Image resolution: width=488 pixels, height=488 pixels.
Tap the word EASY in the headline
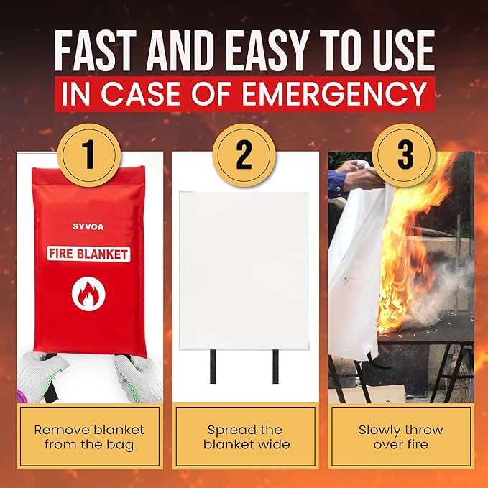click(267, 50)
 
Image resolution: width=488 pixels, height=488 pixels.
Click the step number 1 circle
click(89, 155)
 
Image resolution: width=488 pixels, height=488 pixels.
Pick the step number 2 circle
click(244, 155)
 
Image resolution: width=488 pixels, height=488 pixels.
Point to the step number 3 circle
click(404, 155)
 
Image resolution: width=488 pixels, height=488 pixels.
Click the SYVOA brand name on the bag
click(88, 226)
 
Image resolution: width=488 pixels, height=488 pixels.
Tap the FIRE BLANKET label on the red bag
click(88, 254)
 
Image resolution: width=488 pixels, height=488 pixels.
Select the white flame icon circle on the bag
click(88, 294)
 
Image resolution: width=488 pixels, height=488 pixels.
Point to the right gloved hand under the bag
click(139, 377)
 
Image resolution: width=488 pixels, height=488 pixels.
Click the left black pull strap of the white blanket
click(213, 367)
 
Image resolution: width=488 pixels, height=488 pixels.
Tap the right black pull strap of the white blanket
click(275, 367)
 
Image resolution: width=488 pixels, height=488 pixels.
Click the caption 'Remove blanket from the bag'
click(89, 437)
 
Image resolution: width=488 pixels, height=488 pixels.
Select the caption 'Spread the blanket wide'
click(246, 437)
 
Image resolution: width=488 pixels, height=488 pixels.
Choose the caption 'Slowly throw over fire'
click(401, 437)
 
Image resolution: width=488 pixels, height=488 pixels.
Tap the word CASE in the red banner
click(141, 93)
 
